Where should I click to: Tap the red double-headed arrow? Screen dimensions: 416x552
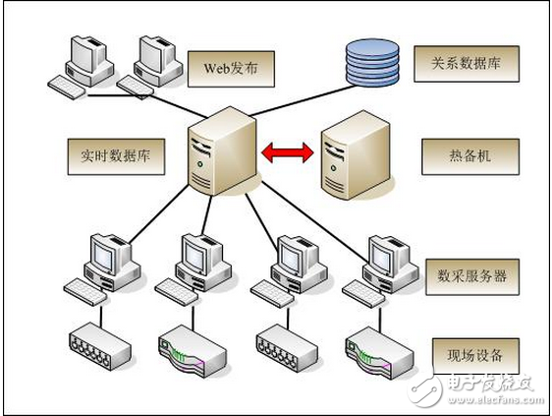287,151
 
